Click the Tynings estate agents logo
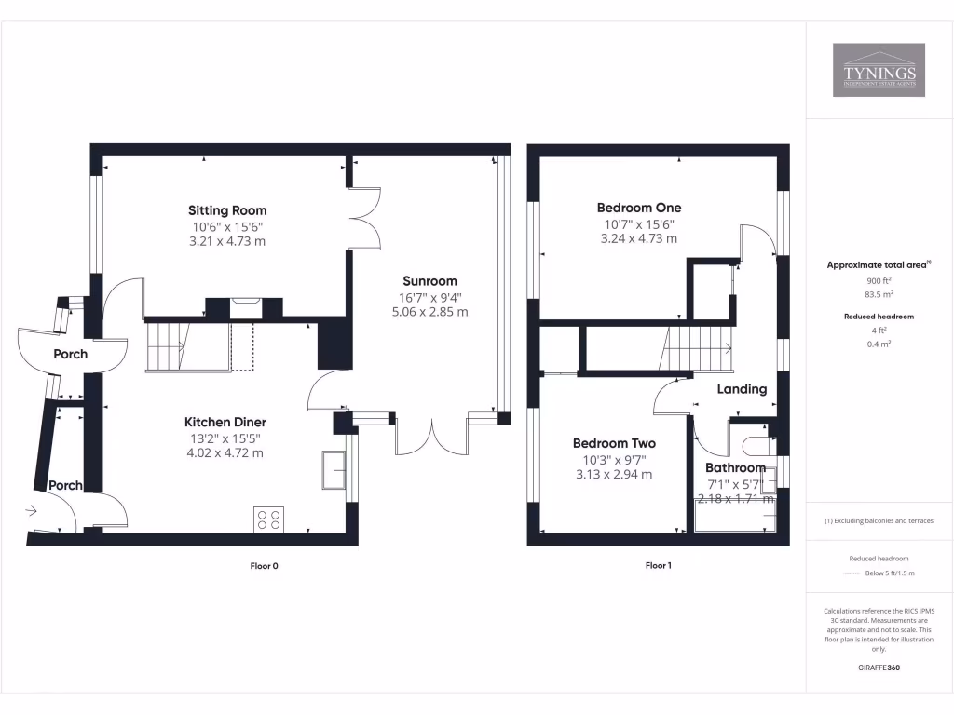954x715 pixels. [x=879, y=70]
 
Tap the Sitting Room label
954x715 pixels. [x=227, y=210]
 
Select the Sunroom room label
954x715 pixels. [x=429, y=281]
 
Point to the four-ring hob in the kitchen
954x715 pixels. [x=269, y=519]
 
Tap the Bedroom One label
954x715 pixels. [x=638, y=208]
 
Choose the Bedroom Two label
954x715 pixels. [x=614, y=444]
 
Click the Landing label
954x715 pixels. [x=742, y=389]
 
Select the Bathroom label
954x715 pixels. [x=735, y=467]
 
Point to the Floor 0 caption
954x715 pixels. [x=265, y=565]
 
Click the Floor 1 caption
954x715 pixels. [x=658, y=565]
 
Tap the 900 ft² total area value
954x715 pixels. [x=879, y=280]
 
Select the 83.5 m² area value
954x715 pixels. [x=879, y=293]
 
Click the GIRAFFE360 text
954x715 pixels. [x=879, y=668]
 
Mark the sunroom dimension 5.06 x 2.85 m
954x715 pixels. [x=429, y=312]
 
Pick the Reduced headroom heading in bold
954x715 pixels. [x=879, y=317]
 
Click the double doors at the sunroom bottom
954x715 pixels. [x=431, y=438]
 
